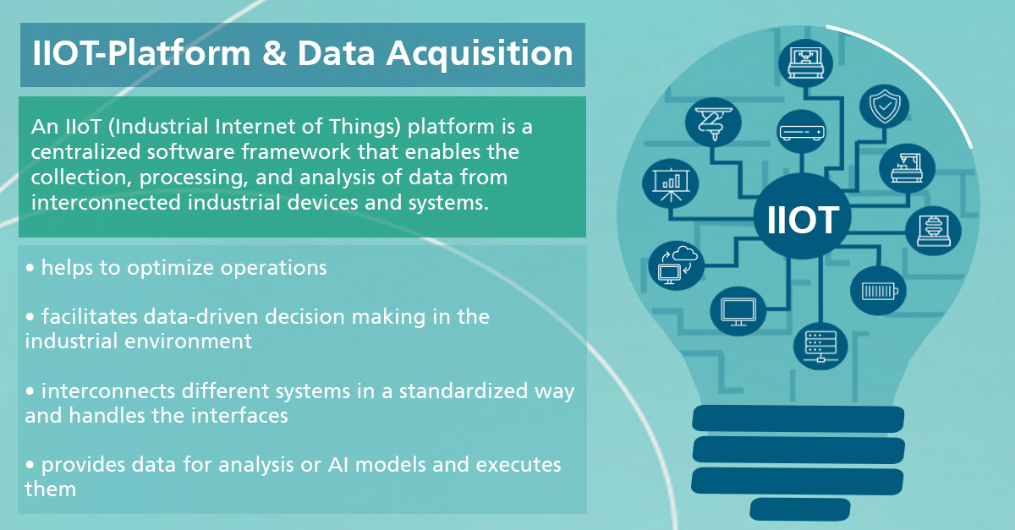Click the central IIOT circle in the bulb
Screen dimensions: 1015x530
802,216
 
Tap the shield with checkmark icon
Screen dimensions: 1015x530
885,107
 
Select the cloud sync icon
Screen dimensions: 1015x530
677,265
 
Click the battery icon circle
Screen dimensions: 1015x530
878,291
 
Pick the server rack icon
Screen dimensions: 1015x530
820,347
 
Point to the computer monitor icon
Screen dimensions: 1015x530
738,312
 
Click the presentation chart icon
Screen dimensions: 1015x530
671,184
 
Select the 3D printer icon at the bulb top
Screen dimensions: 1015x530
805,63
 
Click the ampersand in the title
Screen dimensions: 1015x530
274,53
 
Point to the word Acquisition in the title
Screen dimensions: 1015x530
480,54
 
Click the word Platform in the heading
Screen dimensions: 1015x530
178,53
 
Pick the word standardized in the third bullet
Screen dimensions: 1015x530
464,391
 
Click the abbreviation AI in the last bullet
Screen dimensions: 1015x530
338,465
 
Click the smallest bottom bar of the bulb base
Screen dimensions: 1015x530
800,509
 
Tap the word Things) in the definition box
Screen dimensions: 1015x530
365,127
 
